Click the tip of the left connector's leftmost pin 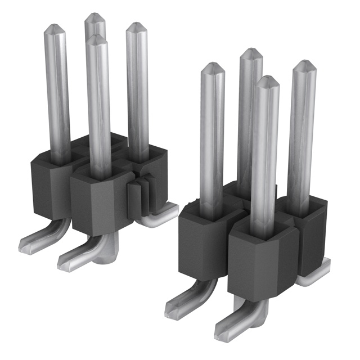[53, 27]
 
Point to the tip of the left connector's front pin [97, 38]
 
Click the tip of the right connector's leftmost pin [213, 66]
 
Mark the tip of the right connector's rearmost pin [251, 52]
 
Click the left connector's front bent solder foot [79, 256]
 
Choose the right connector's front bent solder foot [231, 325]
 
